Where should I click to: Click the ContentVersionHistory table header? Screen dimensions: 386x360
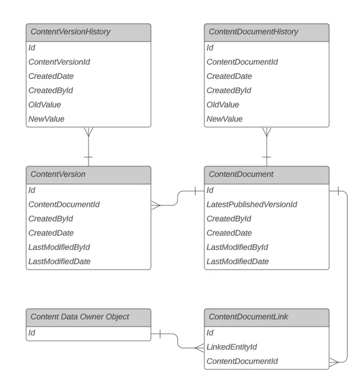coord(70,32)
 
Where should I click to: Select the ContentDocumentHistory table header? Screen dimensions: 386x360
coord(252,32)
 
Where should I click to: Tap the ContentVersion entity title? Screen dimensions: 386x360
coord(58,175)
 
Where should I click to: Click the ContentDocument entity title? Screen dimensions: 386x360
coord(240,175)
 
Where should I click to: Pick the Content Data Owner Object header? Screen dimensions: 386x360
coord(80,317)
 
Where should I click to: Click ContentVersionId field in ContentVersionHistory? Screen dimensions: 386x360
coord(59,62)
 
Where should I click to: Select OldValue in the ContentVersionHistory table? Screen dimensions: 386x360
coord(45,105)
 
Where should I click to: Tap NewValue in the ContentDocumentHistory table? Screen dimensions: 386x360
coord(225,119)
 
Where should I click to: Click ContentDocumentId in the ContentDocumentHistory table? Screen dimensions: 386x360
coord(242,62)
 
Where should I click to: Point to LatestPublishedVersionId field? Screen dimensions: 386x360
coord(251,204)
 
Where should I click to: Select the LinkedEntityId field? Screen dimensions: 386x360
coord(231,347)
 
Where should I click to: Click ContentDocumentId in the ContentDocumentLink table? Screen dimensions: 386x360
coord(242,361)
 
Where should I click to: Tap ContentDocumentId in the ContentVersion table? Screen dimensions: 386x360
coord(64,204)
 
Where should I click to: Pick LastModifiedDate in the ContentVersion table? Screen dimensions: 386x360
coord(59,261)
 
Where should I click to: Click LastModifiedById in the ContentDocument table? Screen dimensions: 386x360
coord(237,247)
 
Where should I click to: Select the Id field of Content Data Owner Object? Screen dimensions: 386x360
coord(32,333)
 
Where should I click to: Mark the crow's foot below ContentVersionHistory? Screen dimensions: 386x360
coord(88,132)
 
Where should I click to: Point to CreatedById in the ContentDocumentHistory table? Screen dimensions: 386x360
coord(229,90)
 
